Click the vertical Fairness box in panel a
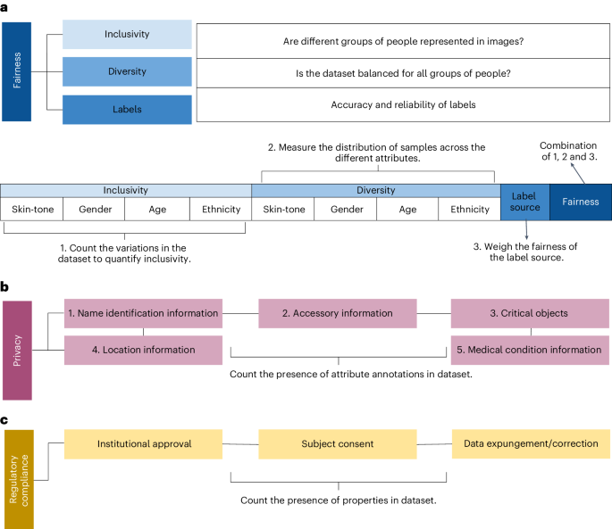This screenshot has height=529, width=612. [16, 70]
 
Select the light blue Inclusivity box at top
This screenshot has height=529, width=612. [127, 35]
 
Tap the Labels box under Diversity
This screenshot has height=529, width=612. [127, 109]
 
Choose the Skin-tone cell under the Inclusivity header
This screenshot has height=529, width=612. [32, 210]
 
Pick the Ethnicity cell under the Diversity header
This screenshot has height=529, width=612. [469, 210]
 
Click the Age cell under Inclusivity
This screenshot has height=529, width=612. [157, 210]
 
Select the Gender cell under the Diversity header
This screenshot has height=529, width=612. [345, 210]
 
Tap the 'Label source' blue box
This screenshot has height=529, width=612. [524, 202]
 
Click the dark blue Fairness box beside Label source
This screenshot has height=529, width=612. [580, 202]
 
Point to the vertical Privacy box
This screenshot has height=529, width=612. [16, 350]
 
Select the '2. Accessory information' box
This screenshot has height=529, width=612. [337, 313]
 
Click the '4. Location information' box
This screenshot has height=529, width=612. [143, 350]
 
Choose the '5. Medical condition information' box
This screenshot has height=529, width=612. [529, 350]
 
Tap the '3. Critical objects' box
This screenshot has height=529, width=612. [529, 313]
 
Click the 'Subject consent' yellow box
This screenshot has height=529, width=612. [337, 443]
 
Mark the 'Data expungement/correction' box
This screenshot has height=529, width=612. [529, 443]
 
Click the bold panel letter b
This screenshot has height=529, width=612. [5, 287]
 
